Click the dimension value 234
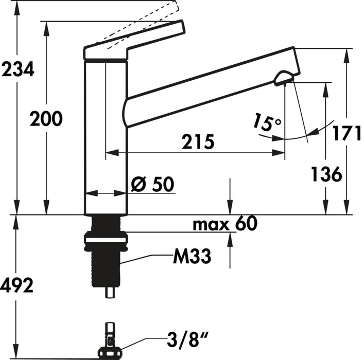click(x=18, y=69)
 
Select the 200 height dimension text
click(x=46, y=119)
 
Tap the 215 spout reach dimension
click(x=197, y=141)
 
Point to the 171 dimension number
click(x=346, y=133)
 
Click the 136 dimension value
click(x=326, y=174)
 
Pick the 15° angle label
click(x=267, y=122)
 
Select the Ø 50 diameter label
click(x=153, y=184)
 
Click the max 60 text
click(x=224, y=224)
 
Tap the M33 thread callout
click(x=191, y=256)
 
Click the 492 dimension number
click(x=17, y=284)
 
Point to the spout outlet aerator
click(x=284, y=78)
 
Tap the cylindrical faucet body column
click(x=106, y=139)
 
